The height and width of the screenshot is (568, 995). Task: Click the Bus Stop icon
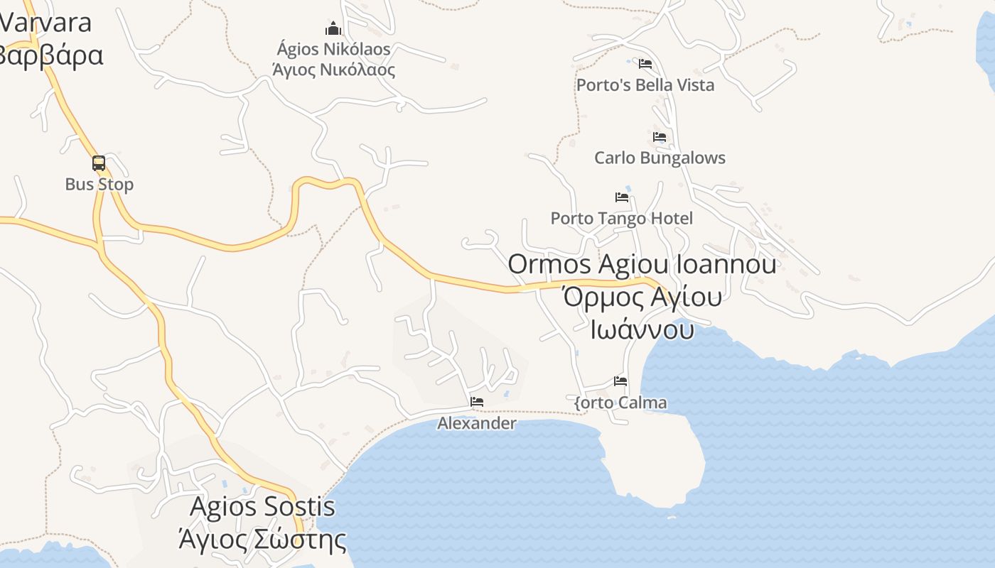pyautogui.click(x=99, y=163)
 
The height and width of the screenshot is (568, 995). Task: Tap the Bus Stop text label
pyautogui.click(x=99, y=185)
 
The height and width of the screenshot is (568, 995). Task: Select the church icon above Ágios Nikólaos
pyautogui.click(x=333, y=29)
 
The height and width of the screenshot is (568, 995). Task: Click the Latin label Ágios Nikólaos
pyautogui.click(x=333, y=49)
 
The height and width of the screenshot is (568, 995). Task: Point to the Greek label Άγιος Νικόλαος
pyautogui.click(x=333, y=70)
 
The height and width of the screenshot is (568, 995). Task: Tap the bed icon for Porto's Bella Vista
pyautogui.click(x=645, y=64)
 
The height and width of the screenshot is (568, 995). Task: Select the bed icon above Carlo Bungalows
pyautogui.click(x=660, y=137)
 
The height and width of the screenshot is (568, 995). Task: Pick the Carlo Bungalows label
pyautogui.click(x=660, y=158)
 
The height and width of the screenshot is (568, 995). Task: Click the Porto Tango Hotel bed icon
pyautogui.click(x=622, y=197)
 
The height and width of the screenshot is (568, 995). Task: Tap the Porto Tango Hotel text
pyautogui.click(x=621, y=218)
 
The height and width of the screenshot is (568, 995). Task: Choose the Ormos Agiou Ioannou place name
pyautogui.click(x=642, y=264)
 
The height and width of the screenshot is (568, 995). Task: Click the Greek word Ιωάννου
pyautogui.click(x=642, y=329)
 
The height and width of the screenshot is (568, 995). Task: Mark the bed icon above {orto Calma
pyautogui.click(x=620, y=381)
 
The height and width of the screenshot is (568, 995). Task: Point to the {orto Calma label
pyautogui.click(x=620, y=403)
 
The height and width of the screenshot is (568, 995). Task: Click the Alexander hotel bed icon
pyautogui.click(x=477, y=402)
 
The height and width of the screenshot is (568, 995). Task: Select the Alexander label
pyautogui.click(x=476, y=423)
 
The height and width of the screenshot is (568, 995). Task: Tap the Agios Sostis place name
pyautogui.click(x=262, y=507)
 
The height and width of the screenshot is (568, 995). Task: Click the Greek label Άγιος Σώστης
pyautogui.click(x=262, y=540)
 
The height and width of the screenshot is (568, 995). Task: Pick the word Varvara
pyautogui.click(x=45, y=23)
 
